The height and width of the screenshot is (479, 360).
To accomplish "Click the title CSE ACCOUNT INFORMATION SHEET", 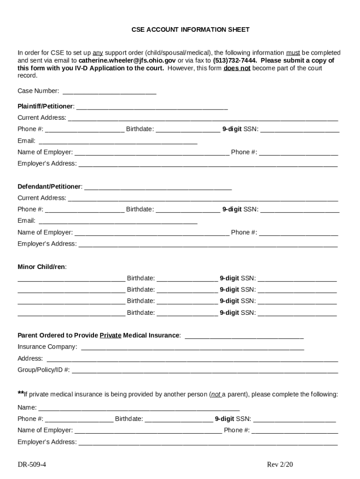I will click(190, 29).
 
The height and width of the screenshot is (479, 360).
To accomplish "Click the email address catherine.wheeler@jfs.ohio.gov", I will click(127, 60).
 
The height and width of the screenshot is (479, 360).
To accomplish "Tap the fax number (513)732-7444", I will click(235, 60).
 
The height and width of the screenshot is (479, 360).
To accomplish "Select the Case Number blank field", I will click(109, 92).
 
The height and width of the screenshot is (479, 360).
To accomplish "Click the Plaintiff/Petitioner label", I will click(46, 106).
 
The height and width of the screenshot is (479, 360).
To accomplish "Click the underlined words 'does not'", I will click(237, 68).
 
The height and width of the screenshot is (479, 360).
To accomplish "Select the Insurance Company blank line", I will click(192, 348).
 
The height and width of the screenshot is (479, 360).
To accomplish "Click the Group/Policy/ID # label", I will click(43, 370).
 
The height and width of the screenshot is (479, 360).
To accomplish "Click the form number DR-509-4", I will click(32, 464).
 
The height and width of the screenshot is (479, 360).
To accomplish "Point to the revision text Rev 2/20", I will click(280, 464).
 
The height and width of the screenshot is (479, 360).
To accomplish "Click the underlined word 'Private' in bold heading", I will click(110, 335).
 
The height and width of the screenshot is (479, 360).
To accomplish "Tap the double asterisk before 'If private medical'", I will click(21, 393).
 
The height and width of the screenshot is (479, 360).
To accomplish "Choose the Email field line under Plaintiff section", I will click(118, 142).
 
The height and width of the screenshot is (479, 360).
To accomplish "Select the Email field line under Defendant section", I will click(118, 222).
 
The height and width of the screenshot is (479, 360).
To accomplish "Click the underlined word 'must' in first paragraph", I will click(293, 53).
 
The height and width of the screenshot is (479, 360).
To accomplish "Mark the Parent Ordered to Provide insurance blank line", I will click(244, 336).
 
